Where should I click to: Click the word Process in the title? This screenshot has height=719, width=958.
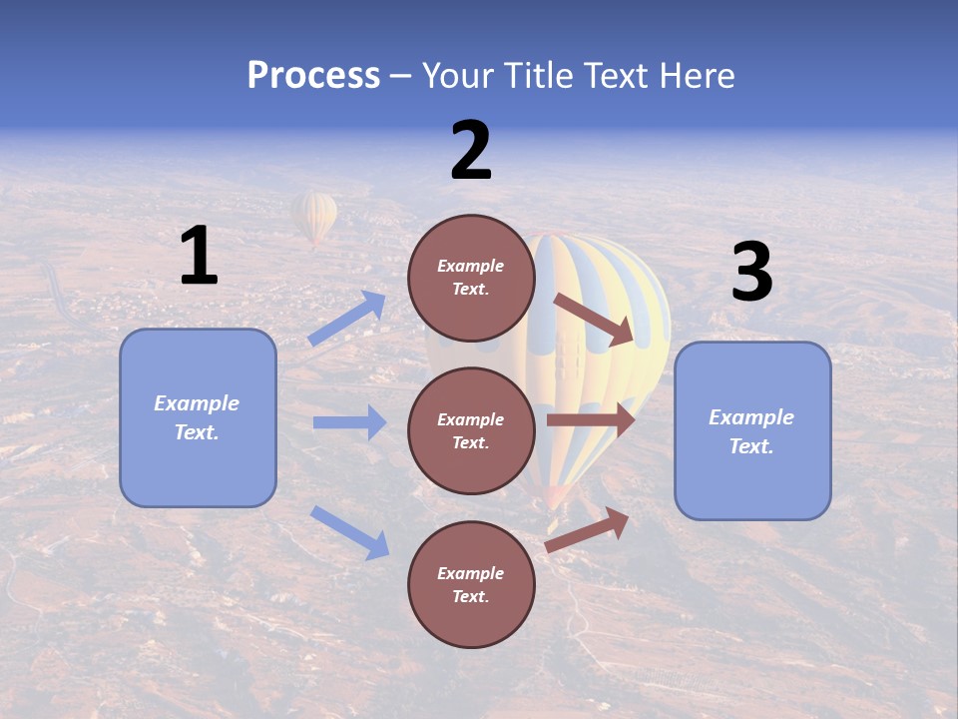click(x=313, y=76)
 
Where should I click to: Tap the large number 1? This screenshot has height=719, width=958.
click(x=199, y=257)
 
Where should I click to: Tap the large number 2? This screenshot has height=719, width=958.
click(x=471, y=151)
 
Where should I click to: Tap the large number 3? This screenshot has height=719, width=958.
click(x=751, y=273)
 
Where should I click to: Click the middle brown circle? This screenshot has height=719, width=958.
click(x=471, y=430)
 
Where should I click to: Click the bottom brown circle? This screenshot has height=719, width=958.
click(x=471, y=584)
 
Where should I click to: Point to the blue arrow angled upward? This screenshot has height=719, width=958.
click(x=347, y=319)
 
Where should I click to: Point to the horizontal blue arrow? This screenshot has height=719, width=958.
click(x=349, y=422)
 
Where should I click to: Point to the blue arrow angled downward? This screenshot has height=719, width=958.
click(x=349, y=532)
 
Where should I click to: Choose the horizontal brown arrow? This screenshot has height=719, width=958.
click(x=590, y=419)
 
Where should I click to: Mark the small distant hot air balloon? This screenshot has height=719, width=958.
click(x=314, y=217)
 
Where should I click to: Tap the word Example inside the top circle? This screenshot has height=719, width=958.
click(x=471, y=267)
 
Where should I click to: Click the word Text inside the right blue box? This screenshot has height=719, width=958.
click(x=751, y=446)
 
